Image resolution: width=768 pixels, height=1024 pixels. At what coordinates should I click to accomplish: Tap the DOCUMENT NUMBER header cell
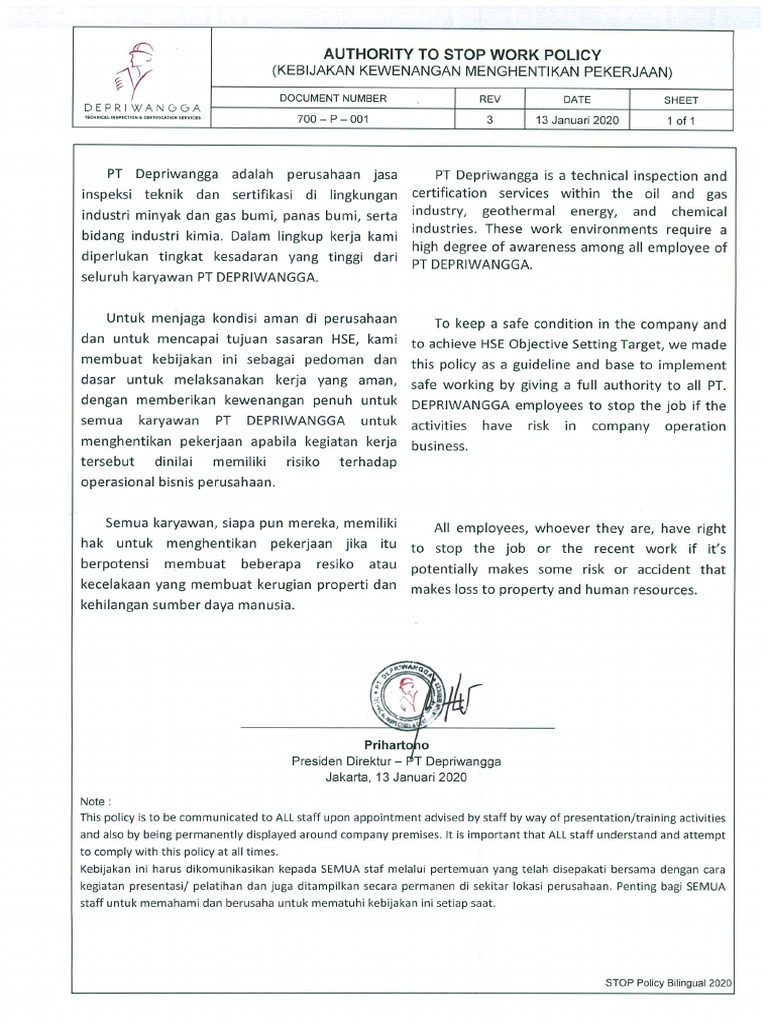333,100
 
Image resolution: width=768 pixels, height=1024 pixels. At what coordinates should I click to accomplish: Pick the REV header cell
490,100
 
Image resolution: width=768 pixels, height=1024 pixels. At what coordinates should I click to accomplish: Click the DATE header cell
577,100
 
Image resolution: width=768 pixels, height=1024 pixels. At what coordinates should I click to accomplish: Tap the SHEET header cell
681,100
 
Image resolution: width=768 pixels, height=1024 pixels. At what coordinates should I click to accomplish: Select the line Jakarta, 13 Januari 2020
396,775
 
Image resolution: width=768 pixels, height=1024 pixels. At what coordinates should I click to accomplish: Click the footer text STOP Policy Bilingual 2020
669,984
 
